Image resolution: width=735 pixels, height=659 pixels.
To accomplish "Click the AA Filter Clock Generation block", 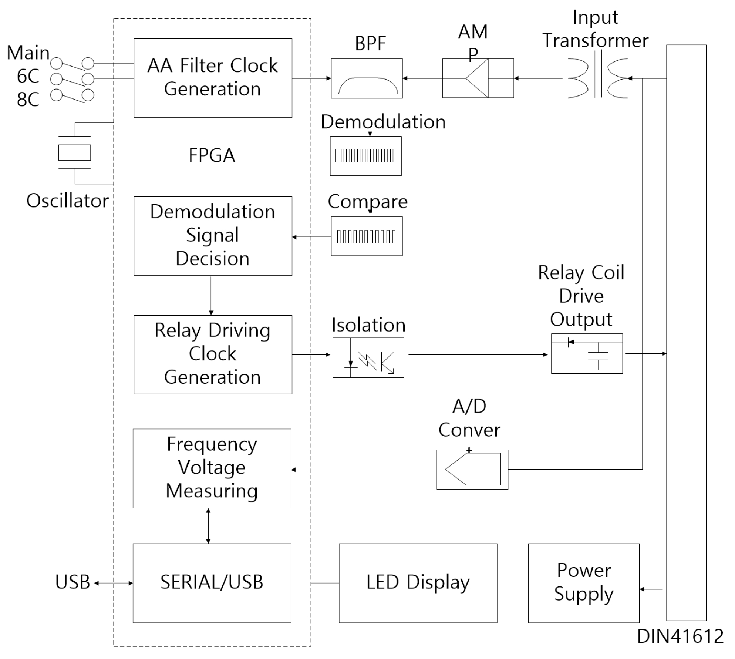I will coord(213,78).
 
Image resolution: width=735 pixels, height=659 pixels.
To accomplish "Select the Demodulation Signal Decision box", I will coord(213,236).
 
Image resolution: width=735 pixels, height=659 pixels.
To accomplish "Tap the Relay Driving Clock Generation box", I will coord(213,354).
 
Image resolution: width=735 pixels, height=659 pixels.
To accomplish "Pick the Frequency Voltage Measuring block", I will coord(212,468).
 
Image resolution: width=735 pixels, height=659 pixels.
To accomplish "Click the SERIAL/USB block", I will coord(212,583).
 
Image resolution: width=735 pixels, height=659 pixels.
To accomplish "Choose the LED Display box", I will coord(418,583).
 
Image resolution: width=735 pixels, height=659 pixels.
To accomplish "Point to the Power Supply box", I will coord(583,583).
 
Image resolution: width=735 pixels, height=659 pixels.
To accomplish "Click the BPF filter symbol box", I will coord(367,78).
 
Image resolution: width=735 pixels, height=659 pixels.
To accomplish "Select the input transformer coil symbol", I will coord(598,78).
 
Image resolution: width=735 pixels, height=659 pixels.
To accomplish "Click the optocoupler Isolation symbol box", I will coord(368,357).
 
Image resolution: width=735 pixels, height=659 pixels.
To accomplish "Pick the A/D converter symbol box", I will coord(472,469).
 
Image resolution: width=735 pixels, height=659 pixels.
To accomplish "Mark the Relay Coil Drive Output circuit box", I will coord(587,353).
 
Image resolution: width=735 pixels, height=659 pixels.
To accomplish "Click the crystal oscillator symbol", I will coord(75,152).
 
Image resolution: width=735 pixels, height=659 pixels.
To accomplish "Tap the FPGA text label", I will coord(212,155).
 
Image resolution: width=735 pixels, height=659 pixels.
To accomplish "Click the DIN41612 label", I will coord(680,636).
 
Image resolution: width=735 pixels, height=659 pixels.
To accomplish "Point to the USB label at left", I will coord(73,582).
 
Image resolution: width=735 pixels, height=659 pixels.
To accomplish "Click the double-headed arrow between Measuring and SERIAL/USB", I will coord(208,525).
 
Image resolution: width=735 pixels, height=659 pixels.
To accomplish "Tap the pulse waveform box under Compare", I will coord(367,236).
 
